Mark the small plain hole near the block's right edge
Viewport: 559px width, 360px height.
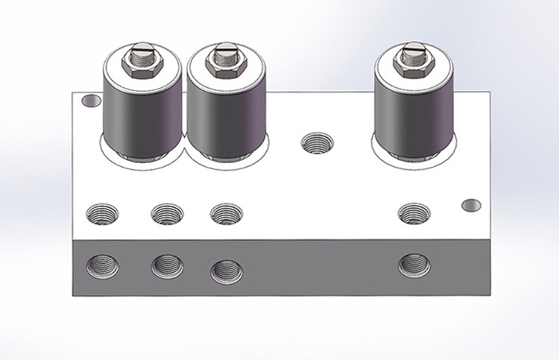coord(472,204)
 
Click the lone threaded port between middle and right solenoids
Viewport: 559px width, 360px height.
coord(317,142)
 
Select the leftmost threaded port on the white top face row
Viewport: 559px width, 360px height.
coord(102,214)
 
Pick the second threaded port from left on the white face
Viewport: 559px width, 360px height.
coord(166,215)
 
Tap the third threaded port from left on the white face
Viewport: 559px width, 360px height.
coord(226,215)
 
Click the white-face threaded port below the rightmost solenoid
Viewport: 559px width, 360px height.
coord(414,214)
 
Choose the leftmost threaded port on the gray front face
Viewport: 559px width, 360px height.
coord(102,265)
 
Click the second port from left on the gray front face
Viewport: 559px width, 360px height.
coord(168,266)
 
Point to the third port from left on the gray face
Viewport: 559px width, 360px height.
coord(227,271)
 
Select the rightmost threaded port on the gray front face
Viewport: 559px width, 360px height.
coord(414,265)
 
